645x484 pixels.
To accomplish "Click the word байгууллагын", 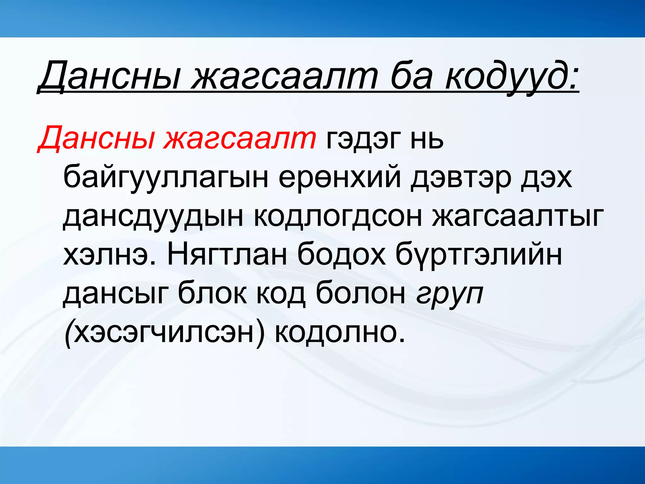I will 166,178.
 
